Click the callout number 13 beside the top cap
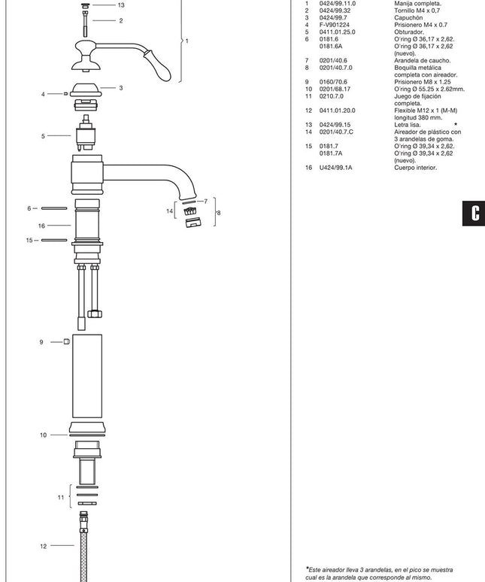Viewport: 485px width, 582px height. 121,5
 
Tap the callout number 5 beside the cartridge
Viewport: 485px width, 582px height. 43,136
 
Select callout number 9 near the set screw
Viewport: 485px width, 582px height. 41,342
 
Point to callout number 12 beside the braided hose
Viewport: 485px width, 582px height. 44,546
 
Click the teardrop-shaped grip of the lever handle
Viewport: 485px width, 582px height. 159,65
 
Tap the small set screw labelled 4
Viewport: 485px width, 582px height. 66,94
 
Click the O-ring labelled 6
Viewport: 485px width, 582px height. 54,208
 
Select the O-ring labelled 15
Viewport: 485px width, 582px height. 54,240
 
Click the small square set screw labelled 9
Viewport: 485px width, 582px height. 67,341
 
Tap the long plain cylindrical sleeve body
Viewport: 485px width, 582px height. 87,376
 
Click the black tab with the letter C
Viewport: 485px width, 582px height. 474,213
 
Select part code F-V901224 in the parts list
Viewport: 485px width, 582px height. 335,25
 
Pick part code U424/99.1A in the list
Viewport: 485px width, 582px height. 336,168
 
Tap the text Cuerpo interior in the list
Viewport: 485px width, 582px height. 416,168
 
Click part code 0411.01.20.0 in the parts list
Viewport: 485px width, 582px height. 338,111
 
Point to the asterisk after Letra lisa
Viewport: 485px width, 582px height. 456,124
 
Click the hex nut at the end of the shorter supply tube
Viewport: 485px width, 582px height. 95,314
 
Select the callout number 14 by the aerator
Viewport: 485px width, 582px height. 170,211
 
